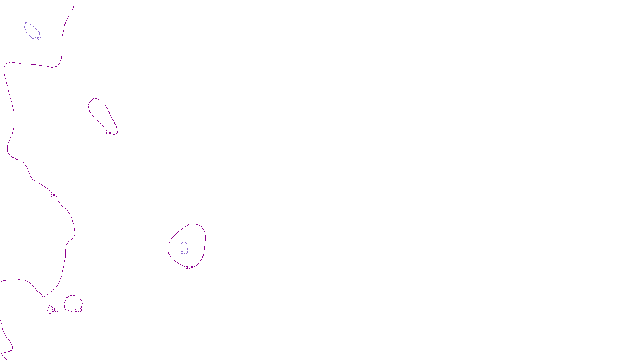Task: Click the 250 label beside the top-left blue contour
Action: coord(38,39)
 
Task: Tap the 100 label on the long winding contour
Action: coord(54,196)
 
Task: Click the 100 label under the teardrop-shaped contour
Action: coord(109,133)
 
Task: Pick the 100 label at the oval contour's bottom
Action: coord(190,268)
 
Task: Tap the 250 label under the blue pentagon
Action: coord(184,252)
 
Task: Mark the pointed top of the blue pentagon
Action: coord(184,242)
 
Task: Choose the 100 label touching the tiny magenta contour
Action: coord(55,310)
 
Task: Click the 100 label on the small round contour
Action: coord(78,310)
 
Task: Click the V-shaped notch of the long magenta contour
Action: coord(43,297)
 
